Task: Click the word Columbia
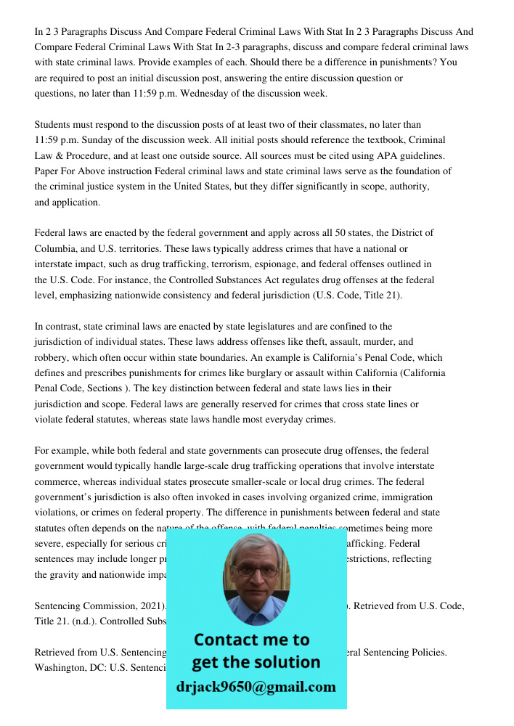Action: tap(56, 248)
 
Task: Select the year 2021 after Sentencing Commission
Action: tap(149, 605)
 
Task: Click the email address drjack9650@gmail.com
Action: tap(256, 687)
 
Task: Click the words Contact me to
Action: tap(251, 640)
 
